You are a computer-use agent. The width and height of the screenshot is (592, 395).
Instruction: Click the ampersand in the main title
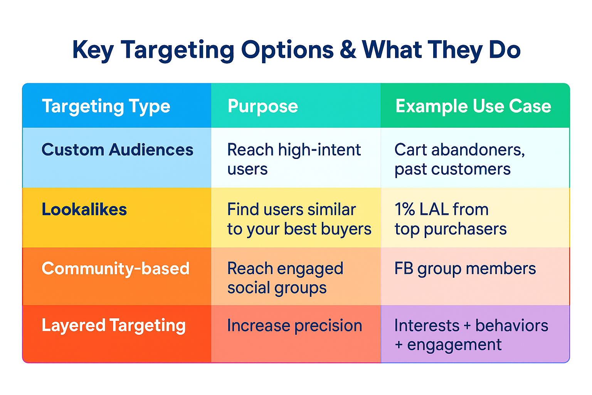(x=348, y=50)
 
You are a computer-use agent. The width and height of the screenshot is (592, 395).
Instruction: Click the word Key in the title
(x=93, y=50)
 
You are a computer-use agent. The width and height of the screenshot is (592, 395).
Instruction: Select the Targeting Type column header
(x=106, y=106)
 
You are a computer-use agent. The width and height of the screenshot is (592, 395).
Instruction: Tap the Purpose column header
(x=263, y=106)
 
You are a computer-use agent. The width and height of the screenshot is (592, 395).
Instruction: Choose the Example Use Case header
(x=473, y=106)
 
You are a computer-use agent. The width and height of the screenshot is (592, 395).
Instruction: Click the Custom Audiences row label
(x=117, y=150)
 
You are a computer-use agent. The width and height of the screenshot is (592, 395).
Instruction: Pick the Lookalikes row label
(x=84, y=209)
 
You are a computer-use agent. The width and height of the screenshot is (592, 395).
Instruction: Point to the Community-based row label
(x=115, y=268)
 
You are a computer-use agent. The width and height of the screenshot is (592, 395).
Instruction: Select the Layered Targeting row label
(x=113, y=326)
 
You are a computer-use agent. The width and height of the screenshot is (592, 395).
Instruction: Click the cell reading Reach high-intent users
(x=294, y=159)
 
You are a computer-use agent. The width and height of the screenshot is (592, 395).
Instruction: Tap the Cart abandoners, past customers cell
(x=459, y=159)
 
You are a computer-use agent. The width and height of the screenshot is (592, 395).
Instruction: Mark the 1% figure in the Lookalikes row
(x=405, y=209)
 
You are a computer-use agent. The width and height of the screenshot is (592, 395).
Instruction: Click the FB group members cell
(x=465, y=268)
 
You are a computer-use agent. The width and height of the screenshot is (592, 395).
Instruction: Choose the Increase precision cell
(x=294, y=326)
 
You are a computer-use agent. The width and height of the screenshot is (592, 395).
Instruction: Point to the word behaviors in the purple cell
(x=511, y=326)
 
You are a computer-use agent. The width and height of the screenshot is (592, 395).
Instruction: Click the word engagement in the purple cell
(x=454, y=345)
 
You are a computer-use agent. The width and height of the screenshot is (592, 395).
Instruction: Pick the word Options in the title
(x=287, y=50)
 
